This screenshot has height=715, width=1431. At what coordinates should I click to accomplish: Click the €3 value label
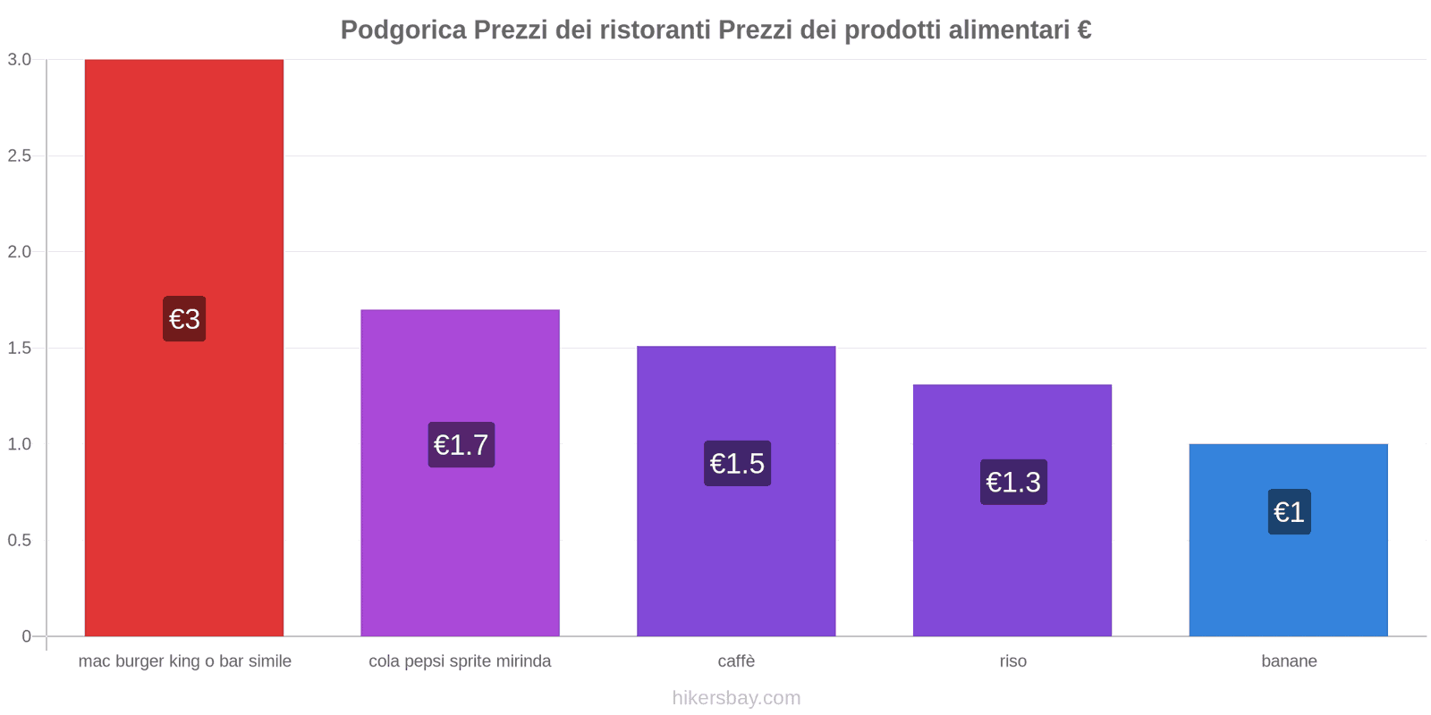click(x=184, y=319)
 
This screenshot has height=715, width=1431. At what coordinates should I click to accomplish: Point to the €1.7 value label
click(x=461, y=445)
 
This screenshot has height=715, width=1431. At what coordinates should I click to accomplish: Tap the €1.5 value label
click(x=737, y=464)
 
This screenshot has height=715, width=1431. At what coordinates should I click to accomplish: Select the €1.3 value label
click(x=1013, y=483)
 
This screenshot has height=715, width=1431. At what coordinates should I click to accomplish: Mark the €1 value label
click(x=1289, y=512)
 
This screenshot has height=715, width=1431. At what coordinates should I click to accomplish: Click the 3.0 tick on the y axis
click(x=20, y=60)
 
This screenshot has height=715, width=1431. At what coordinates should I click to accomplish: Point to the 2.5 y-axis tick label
click(x=20, y=156)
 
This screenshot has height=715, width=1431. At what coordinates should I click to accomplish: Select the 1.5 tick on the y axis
click(x=20, y=349)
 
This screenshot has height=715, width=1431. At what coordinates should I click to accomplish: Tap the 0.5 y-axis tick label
click(x=20, y=541)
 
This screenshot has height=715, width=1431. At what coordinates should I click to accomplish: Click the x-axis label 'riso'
click(x=1012, y=661)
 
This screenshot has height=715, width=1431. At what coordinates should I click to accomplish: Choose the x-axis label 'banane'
click(x=1289, y=661)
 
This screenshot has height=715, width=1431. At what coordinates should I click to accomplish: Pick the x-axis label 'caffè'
click(x=736, y=661)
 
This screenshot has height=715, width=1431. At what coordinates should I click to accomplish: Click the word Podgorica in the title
click(x=403, y=30)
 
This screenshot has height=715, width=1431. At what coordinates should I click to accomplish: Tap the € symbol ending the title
click(x=1084, y=30)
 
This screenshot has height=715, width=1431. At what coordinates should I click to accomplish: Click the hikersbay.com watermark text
click(x=736, y=698)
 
